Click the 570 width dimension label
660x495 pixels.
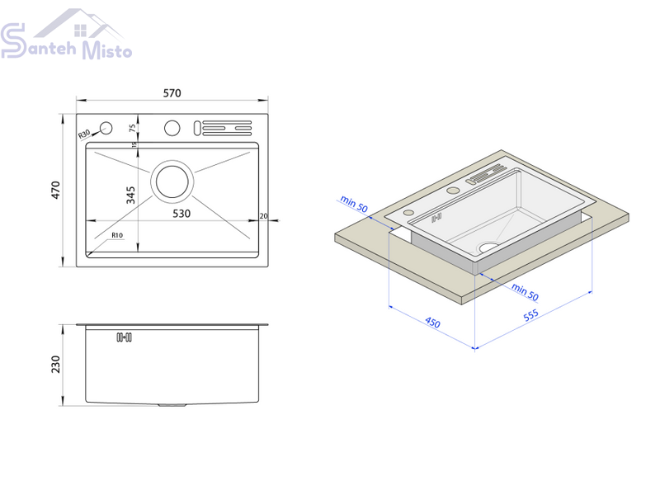pyautogui.click(x=172, y=93)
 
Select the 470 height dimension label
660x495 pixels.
pyautogui.click(x=55, y=191)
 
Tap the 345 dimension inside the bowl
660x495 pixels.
pyautogui.click(x=130, y=196)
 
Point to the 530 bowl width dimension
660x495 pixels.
pyautogui.click(x=181, y=214)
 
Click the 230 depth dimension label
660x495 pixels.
pyautogui.click(x=55, y=365)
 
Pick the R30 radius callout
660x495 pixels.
pyautogui.click(x=84, y=134)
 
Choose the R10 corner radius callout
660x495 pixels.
pyautogui.click(x=117, y=235)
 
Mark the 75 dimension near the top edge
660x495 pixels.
pyautogui.click(x=133, y=128)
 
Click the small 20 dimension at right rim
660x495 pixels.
pyautogui.click(x=263, y=216)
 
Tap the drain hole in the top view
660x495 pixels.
pyautogui.click(x=172, y=181)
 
